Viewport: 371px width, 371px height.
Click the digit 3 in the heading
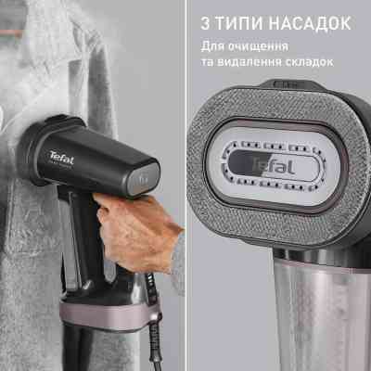point(204,22)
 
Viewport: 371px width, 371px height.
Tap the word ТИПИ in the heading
point(237,22)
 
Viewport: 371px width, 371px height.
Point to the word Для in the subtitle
point(212,45)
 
